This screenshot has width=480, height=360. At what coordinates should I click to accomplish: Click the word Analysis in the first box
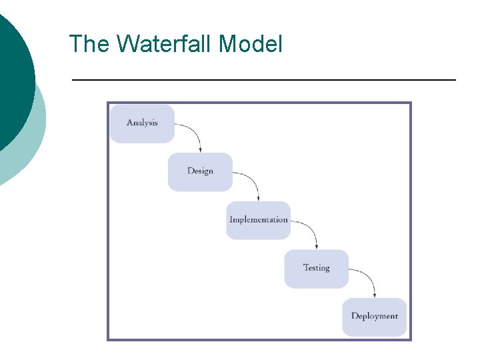(x=142, y=123)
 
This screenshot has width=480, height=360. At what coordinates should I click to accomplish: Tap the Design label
(x=200, y=171)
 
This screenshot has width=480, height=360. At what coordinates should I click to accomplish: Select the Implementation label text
(x=259, y=219)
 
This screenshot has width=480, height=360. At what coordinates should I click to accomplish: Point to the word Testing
(x=317, y=268)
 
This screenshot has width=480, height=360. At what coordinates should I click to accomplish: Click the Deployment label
(x=375, y=316)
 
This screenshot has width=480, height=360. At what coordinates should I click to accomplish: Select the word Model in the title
(x=251, y=45)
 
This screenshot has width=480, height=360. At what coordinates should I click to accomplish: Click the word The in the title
(x=90, y=45)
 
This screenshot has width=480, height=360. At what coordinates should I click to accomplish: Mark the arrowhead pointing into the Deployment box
(x=375, y=295)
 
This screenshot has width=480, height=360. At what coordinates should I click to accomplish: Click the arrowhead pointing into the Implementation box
(x=259, y=198)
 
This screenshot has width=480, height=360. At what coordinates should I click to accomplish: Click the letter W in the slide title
(x=128, y=45)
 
